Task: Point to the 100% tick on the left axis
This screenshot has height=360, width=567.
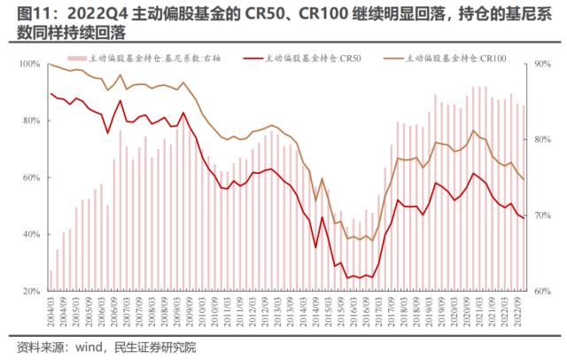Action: tap(29, 64)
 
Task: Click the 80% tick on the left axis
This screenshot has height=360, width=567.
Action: tap(31, 121)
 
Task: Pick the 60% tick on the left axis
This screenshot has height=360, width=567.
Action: tap(31, 177)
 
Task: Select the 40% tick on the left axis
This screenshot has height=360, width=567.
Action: tap(31, 234)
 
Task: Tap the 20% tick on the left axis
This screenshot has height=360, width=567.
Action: tap(31, 291)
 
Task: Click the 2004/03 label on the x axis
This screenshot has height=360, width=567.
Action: tap(51, 310)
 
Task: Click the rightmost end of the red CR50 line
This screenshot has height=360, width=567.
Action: tap(524, 218)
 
